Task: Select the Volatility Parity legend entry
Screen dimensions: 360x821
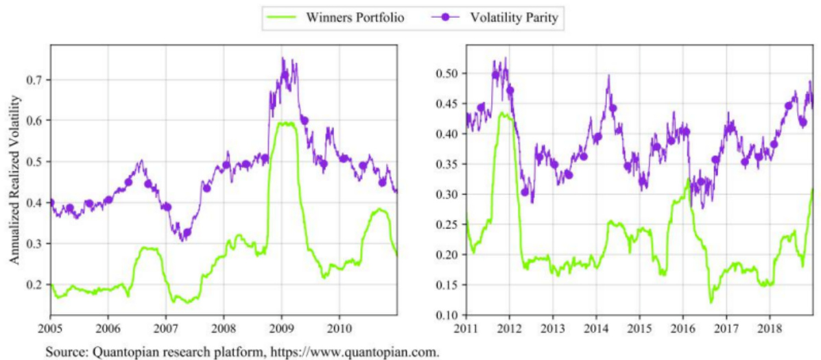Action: click(x=516, y=18)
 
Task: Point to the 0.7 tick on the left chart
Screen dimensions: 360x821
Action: click(x=34, y=80)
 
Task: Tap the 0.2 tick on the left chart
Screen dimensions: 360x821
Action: click(x=34, y=285)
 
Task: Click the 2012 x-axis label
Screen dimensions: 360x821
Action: click(x=509, y=326)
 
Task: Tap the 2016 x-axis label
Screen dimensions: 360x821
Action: click(x=682, y=326)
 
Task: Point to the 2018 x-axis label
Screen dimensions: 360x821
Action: click(x=770, y=326)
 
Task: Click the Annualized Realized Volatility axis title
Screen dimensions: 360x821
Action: click(x=14, y=180)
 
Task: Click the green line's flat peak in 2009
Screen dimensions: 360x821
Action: click(x=281, y=124)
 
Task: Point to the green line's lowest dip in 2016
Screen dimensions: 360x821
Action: click(x=711, y=302)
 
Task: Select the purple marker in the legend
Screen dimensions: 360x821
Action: click(x=446, y=18)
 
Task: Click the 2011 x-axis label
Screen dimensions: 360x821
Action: click(x=466, y=326)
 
